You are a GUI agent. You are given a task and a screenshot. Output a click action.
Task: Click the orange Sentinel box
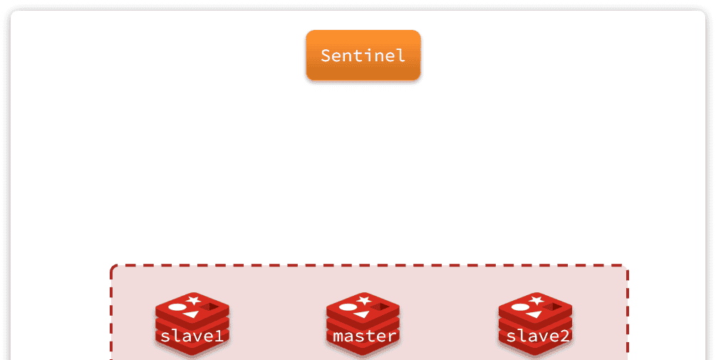pyautogui.click(x=363, y=55)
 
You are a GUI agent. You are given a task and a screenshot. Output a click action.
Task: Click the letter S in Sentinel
pyautogui.click(x=326, y=56)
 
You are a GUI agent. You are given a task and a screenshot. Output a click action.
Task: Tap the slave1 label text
pyautogui.click(x=192, y=336)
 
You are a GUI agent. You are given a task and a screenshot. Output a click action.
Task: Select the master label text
pyautogui.click(x=364, y=336)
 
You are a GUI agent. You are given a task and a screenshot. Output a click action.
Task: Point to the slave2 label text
pyautogui.click(x=538, y=336)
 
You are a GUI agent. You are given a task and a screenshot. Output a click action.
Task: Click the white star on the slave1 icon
pyautogui.click(x=193, y=299)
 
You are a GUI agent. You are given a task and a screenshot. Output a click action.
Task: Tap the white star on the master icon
pyautogui.click(x=364, y=299)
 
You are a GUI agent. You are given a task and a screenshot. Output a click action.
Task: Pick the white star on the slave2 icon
pyautogui.click(x=536, y=299)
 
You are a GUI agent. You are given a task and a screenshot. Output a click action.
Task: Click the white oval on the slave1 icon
pyautogui.click(x=177, y=307)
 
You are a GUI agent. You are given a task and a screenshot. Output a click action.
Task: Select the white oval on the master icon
pyautogui.click(x=348, y=307)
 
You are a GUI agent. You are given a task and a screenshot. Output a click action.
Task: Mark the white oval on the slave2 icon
pyautogui.click(x=520, y=307)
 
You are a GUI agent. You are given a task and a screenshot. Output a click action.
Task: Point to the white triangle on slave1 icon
pyautogui.click(x=192, y=314)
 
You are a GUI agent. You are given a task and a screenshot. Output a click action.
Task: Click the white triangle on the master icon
pyautogui.click(x=363, y=314)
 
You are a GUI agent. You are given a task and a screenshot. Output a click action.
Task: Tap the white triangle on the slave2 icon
pyautogui.click(x=534, y=314)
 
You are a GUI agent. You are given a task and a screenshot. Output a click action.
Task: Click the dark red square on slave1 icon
pyautogui.click(x=209, y=307)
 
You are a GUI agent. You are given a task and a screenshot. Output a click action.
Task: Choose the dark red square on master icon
pyautogui.click(x=380, y=307)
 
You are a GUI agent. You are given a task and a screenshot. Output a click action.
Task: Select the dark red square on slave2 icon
pyautogui.click(x=552, y=307)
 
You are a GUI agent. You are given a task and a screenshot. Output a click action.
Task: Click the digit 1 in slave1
pyautogui.click(x=219, y=336)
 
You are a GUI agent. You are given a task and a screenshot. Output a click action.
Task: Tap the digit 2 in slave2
pyautogui.click(x=564, y=336)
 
